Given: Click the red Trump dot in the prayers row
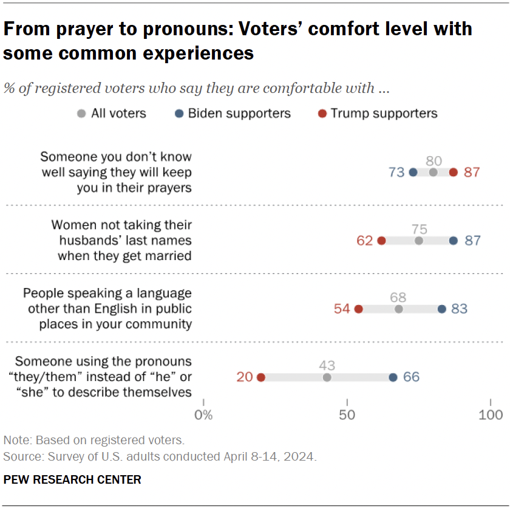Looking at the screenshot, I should [x=454, y=173].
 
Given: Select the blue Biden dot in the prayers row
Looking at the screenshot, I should [x=413, y=173].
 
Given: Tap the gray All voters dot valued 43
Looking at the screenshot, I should [x=327, y=377].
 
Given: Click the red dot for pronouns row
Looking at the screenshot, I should [x=261, y=377].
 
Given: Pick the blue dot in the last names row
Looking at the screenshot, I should [x=454, y=241].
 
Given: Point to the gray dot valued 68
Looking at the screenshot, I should [x=399, y=309].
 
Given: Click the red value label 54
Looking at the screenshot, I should [x=342, y=309].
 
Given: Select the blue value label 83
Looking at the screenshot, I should [x=459, y=309].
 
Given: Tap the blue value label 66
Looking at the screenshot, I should [x=411, y=377].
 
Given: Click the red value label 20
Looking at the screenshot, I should [x=245, y=377].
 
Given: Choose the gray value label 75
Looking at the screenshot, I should [x=419, y=229].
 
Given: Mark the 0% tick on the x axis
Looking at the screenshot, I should [x=203, y=415].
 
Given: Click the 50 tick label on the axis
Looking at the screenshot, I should [x=347, y=415].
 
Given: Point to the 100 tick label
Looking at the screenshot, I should [x=491, y=415].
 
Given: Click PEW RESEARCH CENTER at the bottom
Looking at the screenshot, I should [x=72, y=480].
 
